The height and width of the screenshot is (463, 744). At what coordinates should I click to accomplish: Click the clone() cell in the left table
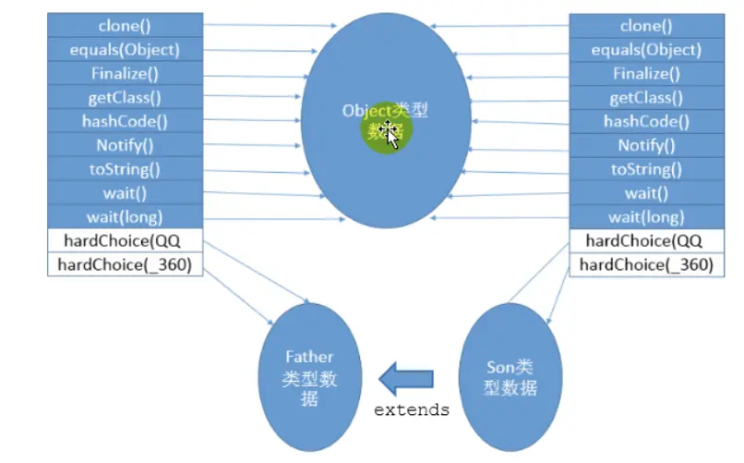(125, 25)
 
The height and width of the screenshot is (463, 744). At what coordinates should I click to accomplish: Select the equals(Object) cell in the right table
(646, 50)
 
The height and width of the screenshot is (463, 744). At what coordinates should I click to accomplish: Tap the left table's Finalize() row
(125, 73)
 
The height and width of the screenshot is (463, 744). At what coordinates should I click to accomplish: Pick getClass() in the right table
(646, 98)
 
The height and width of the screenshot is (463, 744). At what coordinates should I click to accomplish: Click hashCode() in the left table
(125, 121)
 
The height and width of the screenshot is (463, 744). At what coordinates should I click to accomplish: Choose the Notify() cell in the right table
(646, 146)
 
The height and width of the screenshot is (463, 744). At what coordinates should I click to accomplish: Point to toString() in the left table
(125, 169)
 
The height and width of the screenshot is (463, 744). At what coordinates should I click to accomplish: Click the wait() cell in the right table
(646, 194)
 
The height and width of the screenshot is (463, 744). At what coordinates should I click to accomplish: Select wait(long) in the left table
(125, 217)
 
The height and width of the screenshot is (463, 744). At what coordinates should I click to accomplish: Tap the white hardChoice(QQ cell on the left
(125, 241)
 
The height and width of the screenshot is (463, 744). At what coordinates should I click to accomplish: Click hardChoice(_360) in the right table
(646, 265)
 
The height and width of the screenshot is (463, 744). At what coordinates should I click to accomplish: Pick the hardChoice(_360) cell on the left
(125, 265)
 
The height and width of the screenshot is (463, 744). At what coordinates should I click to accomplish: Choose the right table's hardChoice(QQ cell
(646, 241)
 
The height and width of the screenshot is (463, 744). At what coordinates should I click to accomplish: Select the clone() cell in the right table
(646, 26)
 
